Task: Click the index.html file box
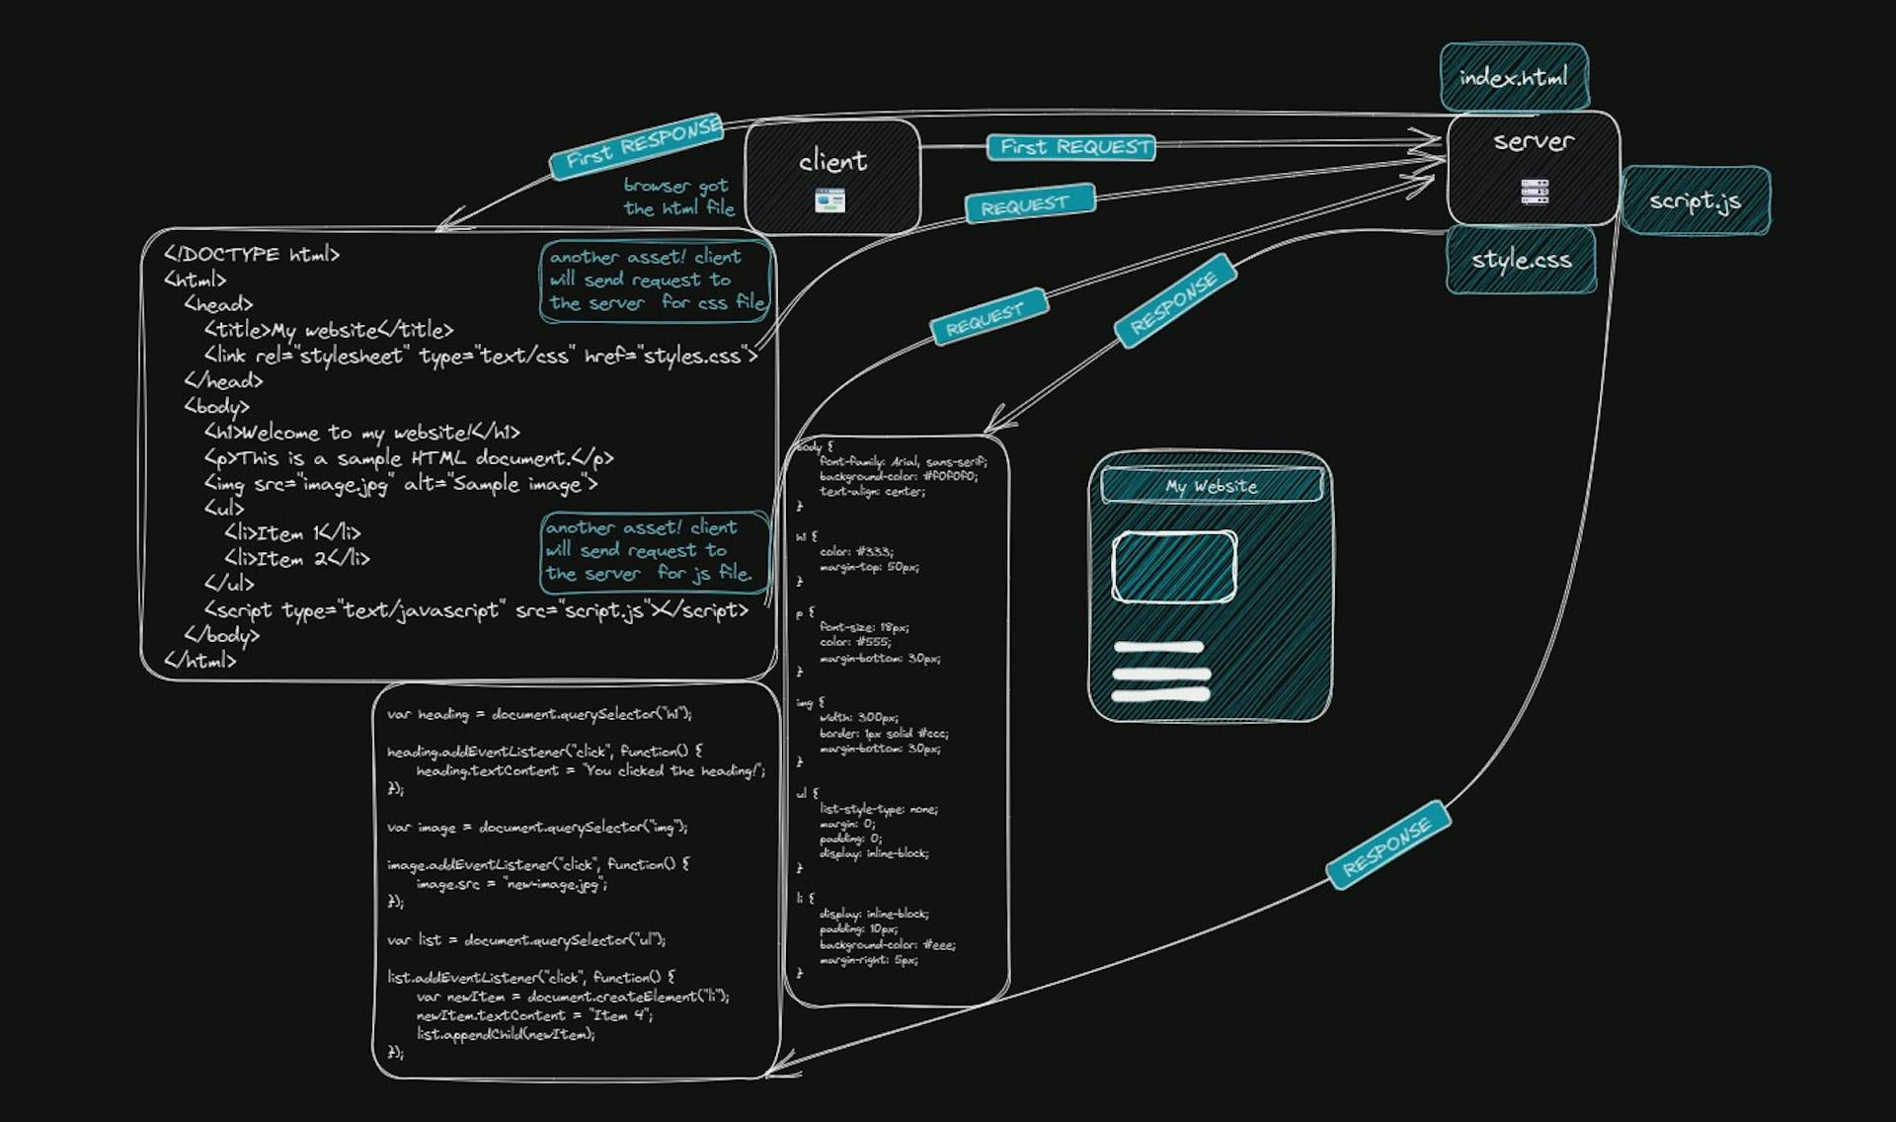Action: pyautogui.click(x=1513, y=77)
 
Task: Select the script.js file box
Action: pyautogui.click(x=1695, y=201)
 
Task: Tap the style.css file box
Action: pyautogui.click(x=1521, y=260)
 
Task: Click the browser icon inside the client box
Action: pyautogui.click(x=829, y=201)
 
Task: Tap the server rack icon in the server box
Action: pyautogui.click(x=1534, y=192)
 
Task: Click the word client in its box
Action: pyautogui.click(x=832, y=161)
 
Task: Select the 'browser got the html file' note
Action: pyautogui.click(x=678, y=197)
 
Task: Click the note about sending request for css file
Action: pyautogui.click(x=656, y=280)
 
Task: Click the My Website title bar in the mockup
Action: pyautogui.click(x=1211, y=486)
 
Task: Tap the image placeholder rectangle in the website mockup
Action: pyautogui.click(x=1173, y=567)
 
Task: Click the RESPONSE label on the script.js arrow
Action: pyautogui.click(x=1386, y=846)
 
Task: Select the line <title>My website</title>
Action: pyautogui.click(x=328, y=330)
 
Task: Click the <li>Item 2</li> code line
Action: pyautogui.click(x=296, y=559)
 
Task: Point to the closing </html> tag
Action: pyautogui.click(x=200, y=661)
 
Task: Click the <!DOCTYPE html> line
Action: pyautogui.click(x=252, y=255)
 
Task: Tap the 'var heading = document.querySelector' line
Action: pyautogui.click(x=539, y=714)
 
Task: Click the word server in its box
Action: pyautogui.click(x=1533, y=142)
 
